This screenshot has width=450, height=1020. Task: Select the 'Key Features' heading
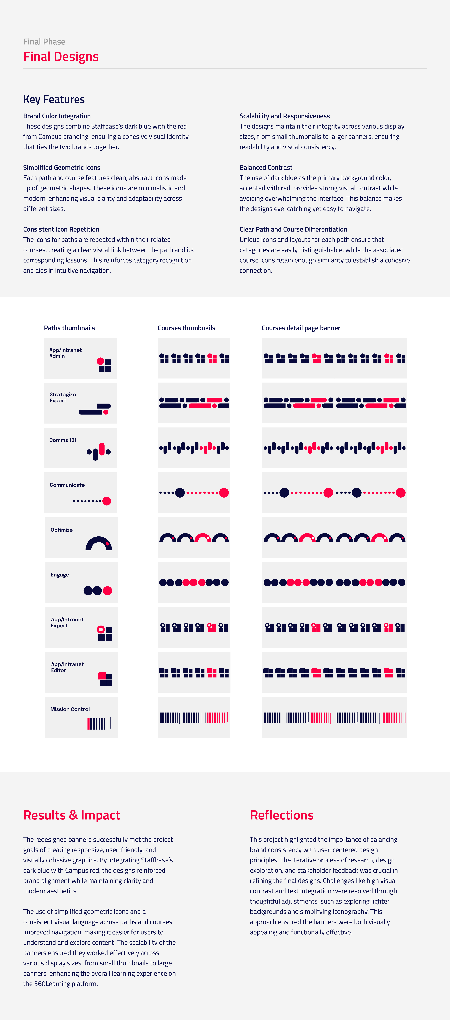54,99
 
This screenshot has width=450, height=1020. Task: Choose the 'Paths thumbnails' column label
69,328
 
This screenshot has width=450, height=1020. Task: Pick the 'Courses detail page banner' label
301,328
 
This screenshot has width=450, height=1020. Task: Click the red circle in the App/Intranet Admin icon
100,361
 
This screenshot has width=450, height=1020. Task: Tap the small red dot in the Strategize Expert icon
106,412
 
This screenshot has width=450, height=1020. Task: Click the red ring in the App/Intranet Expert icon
101,629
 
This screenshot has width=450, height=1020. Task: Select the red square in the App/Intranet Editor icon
102,676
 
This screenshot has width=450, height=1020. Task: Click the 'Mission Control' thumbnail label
70,709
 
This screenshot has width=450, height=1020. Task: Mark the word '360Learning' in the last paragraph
54,984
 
